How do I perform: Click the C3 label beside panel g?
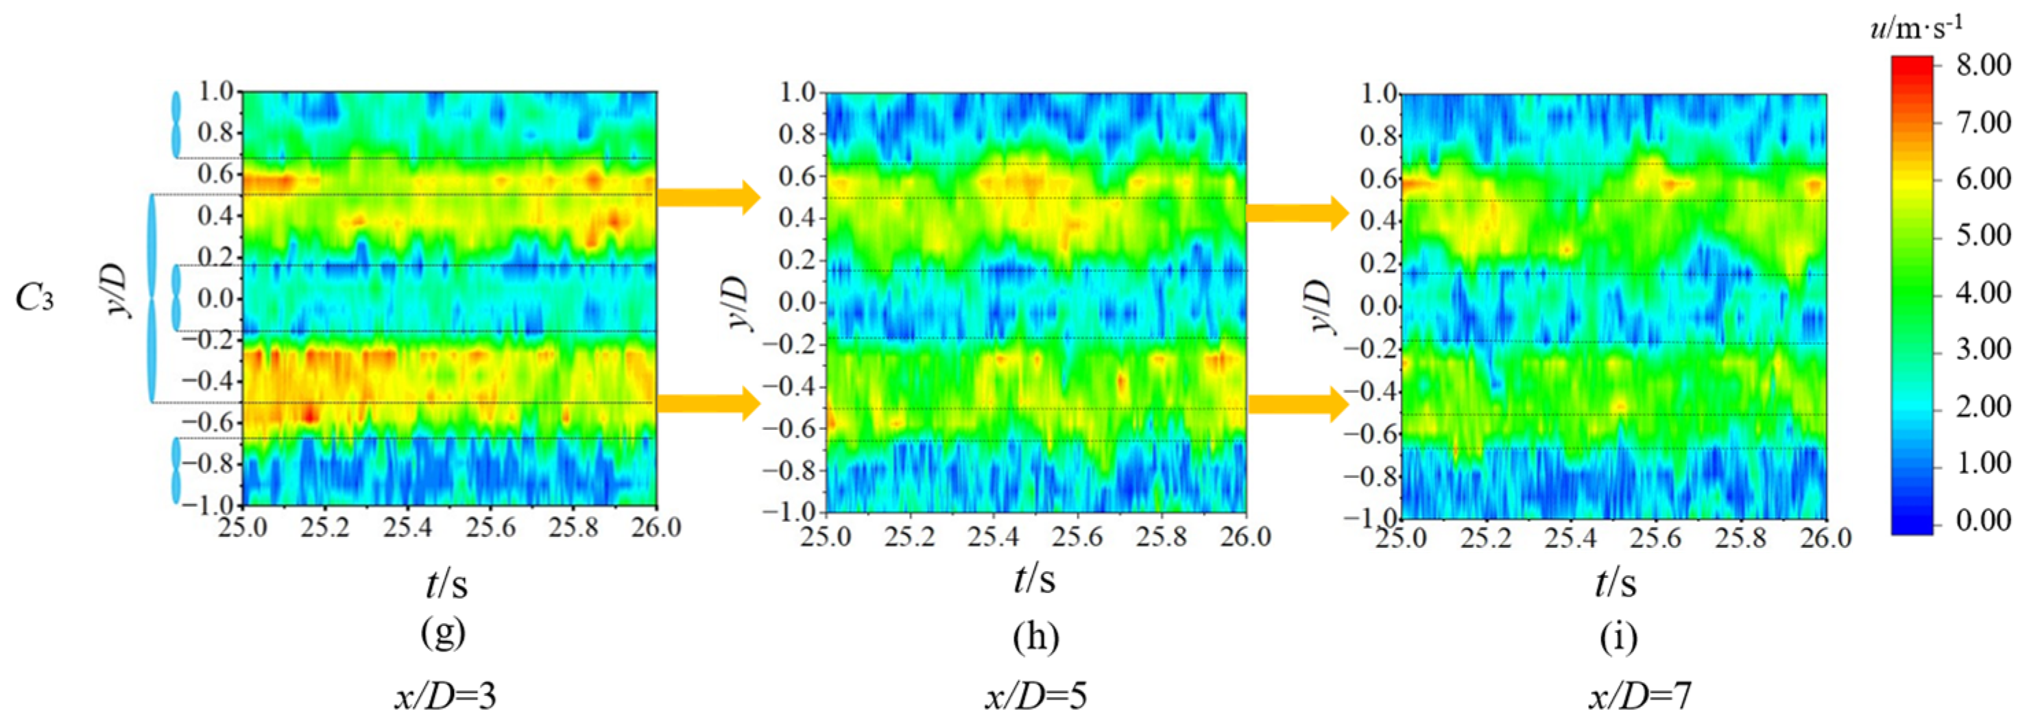[x=35, y=298]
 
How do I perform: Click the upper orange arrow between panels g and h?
[x=708, y=197]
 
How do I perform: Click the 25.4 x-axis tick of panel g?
[x=408, y=527]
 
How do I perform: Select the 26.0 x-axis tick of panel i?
[x=1825, y=539]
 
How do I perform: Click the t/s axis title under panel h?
[x=1035, y=580]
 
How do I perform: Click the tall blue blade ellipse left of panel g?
[x=152, y=298]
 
